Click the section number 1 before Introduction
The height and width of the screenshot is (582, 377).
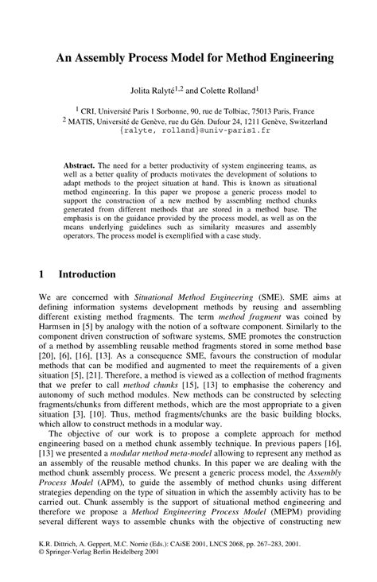pos(42,274)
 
